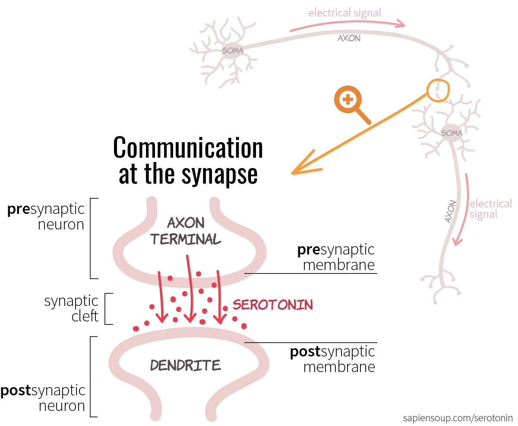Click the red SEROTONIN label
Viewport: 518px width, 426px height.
[273, 305]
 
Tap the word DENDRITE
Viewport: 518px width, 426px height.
[186, 365]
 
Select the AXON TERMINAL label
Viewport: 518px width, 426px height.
[186, 231]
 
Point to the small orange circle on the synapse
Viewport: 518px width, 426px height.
[427, 90]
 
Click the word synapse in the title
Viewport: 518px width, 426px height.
[220, 175]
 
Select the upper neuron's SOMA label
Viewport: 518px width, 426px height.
[232, 51]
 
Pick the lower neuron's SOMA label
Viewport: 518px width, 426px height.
[452, 133]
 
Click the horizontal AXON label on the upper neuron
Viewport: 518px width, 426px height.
[349, 38]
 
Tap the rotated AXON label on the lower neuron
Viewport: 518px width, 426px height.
[451, 211]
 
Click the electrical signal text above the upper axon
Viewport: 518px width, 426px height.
[344, 13]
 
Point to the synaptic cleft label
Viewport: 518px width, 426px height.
[71, 308]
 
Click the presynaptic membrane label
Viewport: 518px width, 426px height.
[336, 257]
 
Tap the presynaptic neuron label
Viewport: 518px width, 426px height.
[46, 216]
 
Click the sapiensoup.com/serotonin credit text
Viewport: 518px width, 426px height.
[458, 418]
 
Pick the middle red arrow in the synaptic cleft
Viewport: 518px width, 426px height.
[190, 289]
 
